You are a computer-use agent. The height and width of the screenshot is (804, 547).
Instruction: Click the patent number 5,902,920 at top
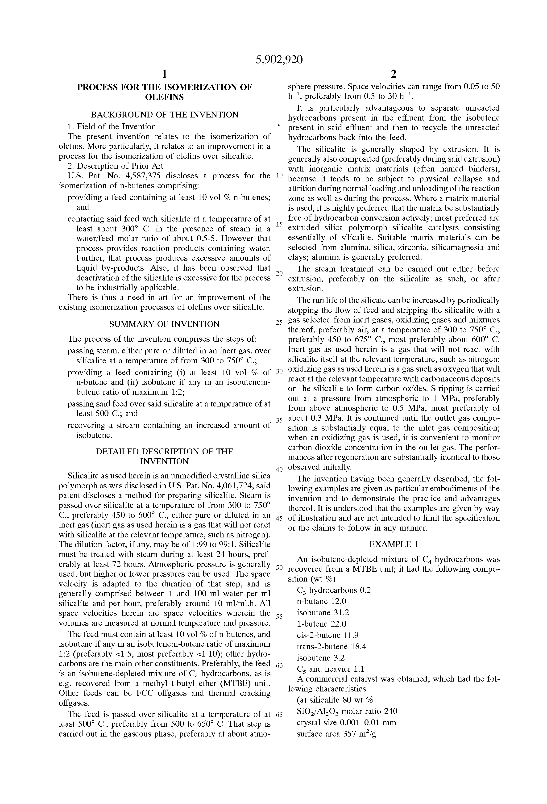click(x=279, y=60)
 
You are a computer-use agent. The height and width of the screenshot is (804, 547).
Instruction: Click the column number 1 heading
click(x=165, y=74)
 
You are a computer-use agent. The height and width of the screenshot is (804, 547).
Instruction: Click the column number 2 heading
click(x=394, y=74)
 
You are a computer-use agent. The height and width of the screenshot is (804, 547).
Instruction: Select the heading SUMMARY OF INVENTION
click(x=164, y=324)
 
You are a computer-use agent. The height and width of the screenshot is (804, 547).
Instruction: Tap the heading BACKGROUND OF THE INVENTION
click(x=164, y=114)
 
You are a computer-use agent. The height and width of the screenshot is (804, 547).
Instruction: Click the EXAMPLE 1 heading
click(x=394, y=544)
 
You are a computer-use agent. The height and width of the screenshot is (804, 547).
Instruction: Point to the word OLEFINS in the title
click(x=164, y=97)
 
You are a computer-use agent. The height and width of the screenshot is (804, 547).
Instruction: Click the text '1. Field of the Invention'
click(x=112, y=127)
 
